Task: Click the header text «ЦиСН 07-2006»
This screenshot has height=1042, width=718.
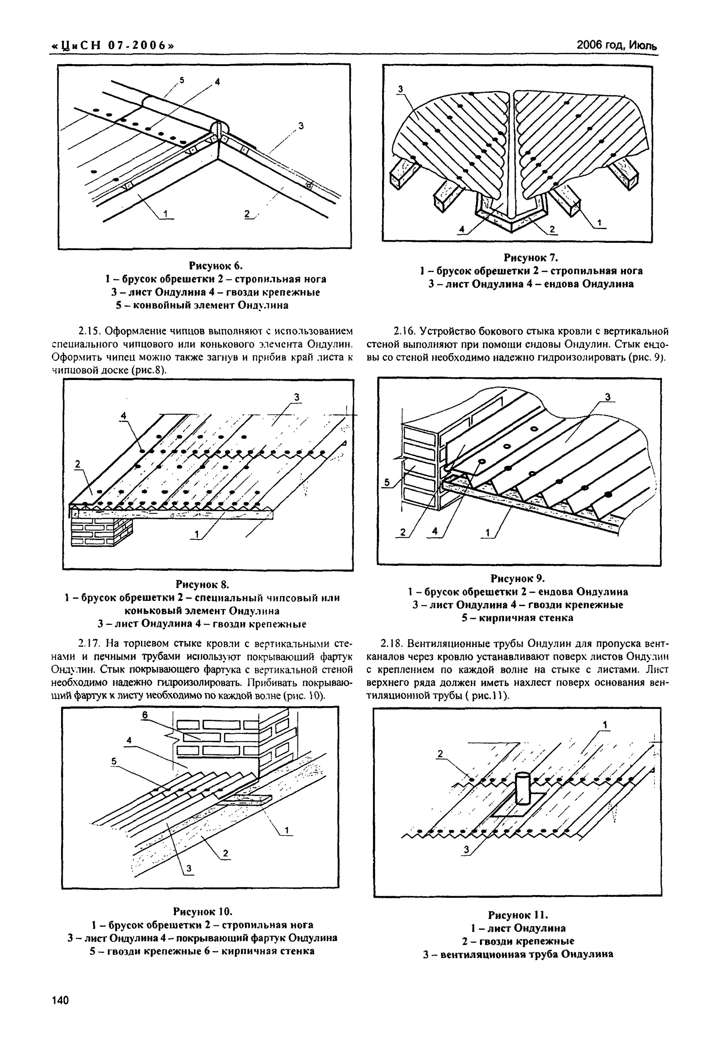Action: click(113, 46)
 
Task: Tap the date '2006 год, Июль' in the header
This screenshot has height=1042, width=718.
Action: click(616, 45)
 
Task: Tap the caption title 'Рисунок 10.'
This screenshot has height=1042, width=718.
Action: click(202, 911)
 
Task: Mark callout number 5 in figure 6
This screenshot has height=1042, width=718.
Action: click(182, 80)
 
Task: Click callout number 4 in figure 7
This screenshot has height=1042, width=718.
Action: click(461, 230)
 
